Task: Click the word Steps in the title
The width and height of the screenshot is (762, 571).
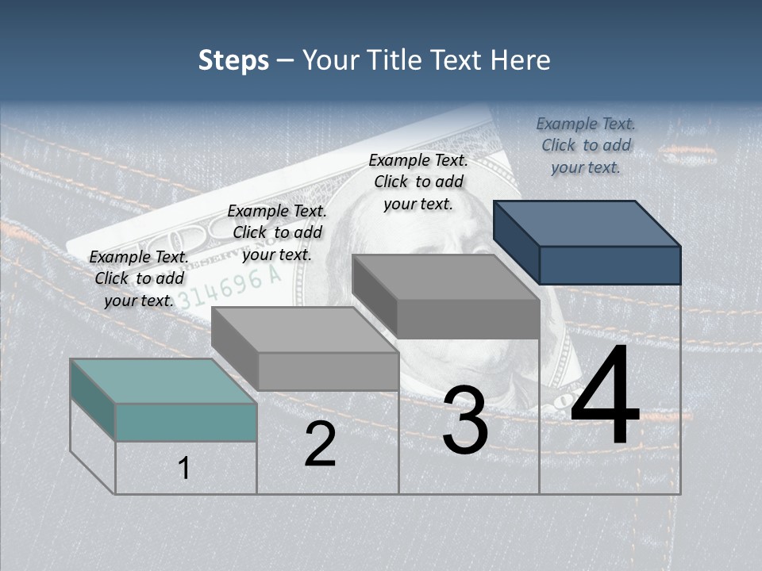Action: pos(233,60)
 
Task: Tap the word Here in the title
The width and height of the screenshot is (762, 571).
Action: pos(520,60)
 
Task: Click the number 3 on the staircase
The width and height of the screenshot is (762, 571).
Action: pos(465,420)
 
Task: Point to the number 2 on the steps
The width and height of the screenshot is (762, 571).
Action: pos(320,445)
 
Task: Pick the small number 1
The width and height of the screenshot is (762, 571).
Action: pos(184,469)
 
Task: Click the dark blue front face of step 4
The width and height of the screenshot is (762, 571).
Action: pos(610,265)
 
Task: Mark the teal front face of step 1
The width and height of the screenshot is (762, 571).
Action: pos(186,422)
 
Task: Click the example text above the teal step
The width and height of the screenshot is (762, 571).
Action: pos(139,278)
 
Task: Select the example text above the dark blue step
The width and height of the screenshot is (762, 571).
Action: pos(586,145)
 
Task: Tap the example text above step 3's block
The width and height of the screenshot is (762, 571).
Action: pos(418,182)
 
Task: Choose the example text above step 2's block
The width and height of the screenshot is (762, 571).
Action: pos(277,232)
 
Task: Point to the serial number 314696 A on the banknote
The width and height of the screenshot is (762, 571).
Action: pos(230,288)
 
